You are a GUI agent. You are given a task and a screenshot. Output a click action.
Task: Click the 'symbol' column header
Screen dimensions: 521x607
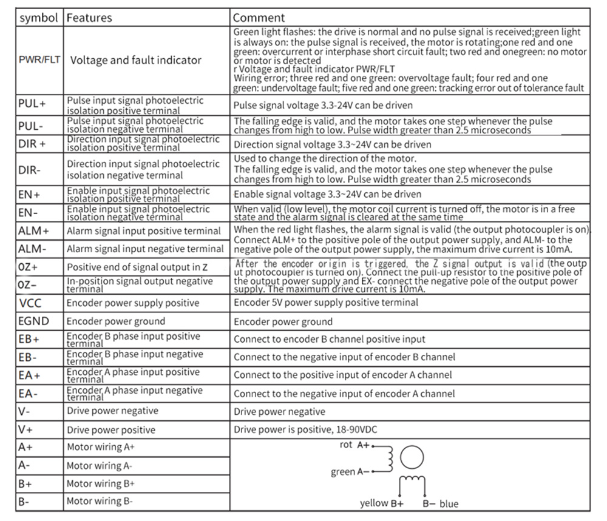(39, 18)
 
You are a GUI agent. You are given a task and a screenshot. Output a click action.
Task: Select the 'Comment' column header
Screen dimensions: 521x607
(259, 18)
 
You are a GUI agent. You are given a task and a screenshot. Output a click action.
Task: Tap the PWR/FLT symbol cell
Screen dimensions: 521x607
(39, 60)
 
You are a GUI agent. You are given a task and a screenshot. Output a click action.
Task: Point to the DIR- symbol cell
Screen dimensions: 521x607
(30, 170)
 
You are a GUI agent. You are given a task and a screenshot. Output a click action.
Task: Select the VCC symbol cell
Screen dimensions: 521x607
(30, 303)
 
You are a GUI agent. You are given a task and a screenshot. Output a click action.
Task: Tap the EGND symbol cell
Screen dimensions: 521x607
(33, 321)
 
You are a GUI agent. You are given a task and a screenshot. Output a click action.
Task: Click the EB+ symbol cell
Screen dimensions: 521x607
(29, 339)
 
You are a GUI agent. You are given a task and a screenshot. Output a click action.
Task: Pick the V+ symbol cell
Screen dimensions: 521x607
(25, 429)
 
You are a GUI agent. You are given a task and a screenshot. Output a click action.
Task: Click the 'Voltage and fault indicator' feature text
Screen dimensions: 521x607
(136, 60)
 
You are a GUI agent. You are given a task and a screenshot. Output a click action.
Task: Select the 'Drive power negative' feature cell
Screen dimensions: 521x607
(112, 411)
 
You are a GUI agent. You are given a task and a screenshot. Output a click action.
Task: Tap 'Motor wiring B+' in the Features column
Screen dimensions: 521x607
(101, 483)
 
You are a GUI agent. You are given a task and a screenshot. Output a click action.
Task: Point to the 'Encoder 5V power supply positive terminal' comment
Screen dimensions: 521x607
(326, 303)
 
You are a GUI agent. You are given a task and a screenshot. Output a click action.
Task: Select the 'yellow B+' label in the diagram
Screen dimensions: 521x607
(382, 503)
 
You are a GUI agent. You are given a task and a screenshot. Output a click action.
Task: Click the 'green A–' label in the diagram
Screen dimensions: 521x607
(350, 472)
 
